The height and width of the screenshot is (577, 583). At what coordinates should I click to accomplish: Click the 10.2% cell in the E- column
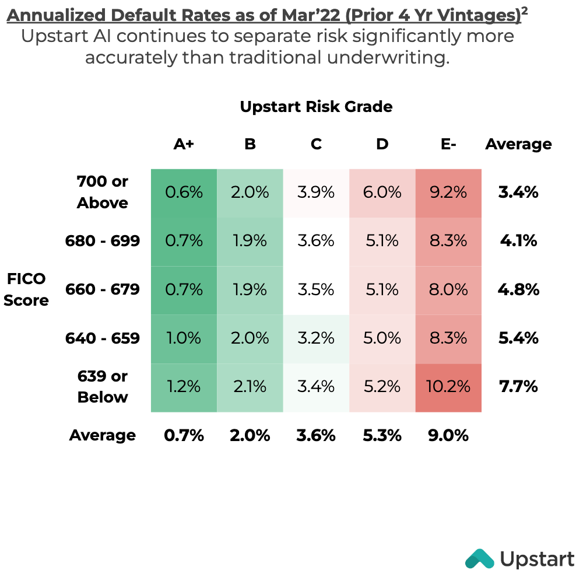(448, 386)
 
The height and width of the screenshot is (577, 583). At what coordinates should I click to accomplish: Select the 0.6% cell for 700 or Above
(184, 192)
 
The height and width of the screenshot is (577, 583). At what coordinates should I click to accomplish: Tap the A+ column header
(184, 144)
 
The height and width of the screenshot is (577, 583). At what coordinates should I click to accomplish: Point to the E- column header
(448, 144)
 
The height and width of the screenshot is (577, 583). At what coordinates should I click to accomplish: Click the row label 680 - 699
(103, 240)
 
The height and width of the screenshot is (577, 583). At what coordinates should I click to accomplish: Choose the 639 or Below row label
(103, 386)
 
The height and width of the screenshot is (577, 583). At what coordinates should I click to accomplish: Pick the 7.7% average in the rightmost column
(518, 386)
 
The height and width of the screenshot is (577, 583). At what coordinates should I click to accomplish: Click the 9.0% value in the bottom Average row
(448, 435)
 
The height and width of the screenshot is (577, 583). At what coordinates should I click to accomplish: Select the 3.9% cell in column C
(316, 192)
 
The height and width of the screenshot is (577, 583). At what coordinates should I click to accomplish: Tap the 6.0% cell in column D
(382, 192)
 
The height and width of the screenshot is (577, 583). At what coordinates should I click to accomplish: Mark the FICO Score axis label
(27, 289)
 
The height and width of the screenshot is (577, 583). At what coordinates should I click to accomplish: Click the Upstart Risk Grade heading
(316, 107)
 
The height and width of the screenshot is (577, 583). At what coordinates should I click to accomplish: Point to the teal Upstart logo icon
(479, 559)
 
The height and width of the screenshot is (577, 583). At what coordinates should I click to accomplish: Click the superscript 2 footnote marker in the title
(525, 11)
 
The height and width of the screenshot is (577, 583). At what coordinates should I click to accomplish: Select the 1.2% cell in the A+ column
(184, 386)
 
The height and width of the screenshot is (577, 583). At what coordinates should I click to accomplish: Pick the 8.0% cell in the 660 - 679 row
(448, 289)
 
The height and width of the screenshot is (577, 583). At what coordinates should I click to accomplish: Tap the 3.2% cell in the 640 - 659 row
(316, 338)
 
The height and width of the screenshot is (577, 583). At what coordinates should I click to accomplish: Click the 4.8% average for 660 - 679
(518, 289)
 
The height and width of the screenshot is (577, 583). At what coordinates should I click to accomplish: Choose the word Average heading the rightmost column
(518, 144)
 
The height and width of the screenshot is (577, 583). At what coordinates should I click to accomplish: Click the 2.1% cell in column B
(250, 386)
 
